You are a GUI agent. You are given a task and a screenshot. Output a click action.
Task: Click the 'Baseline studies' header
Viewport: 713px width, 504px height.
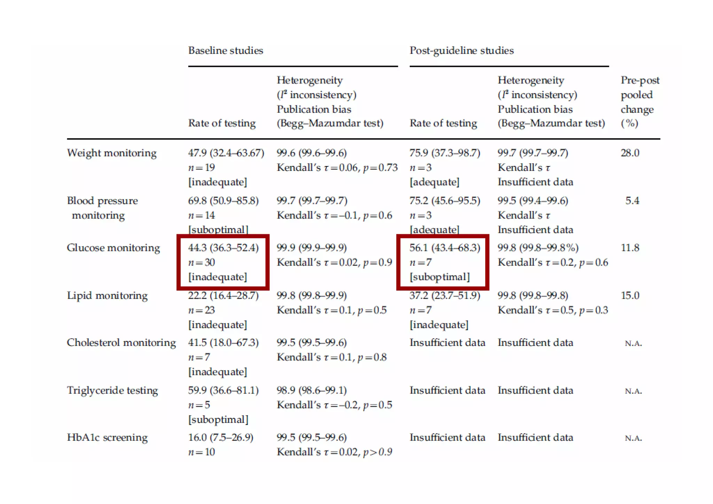coord(226,51)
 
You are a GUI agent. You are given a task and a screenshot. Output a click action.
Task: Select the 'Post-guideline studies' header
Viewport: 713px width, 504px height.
coord(461,51)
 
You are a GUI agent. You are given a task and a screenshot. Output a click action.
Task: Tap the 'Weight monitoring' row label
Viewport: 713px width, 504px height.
coord(112,153)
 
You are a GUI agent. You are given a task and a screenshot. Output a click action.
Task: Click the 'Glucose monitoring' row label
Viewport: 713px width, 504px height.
coord(113,248)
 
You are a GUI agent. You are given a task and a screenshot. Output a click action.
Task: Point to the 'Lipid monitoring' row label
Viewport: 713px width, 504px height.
coord(107,296)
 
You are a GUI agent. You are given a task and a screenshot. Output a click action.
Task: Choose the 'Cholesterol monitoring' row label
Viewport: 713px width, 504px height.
coord(121,343)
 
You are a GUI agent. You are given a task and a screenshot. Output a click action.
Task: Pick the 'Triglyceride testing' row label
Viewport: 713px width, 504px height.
coord(112,391)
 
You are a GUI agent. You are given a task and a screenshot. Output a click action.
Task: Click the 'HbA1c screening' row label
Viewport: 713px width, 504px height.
coord(107,438)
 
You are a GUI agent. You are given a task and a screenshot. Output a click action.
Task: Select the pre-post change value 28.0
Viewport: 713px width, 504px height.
coord(630,153)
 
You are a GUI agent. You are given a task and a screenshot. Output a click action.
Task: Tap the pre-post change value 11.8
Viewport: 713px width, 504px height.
coord(630,248)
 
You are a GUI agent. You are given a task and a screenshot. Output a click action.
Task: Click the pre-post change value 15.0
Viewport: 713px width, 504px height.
coord(630,296)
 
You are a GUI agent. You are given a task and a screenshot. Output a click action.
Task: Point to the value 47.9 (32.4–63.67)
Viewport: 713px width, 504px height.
coord(226,153)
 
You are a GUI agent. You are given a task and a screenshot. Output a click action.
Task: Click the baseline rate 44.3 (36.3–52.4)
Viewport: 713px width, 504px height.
coord(223,248)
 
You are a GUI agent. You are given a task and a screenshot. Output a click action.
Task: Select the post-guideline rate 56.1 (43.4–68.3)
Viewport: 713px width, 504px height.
coord(445,248)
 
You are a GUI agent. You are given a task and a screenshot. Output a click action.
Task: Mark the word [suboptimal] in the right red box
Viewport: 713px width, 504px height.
coord(439,277)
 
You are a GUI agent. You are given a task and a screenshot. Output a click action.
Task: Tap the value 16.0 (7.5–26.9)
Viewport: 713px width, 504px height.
coord(220,438)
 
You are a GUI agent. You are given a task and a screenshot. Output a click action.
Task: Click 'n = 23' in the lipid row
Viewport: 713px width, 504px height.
coord(201,310)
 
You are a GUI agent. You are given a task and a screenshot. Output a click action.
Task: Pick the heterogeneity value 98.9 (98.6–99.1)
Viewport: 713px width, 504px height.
coord(312,391)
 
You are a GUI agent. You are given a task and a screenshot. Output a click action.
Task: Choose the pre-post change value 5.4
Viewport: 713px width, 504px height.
coord(632,201)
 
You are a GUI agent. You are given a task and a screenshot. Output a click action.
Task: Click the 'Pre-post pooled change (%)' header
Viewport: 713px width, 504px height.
coord(640,102)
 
